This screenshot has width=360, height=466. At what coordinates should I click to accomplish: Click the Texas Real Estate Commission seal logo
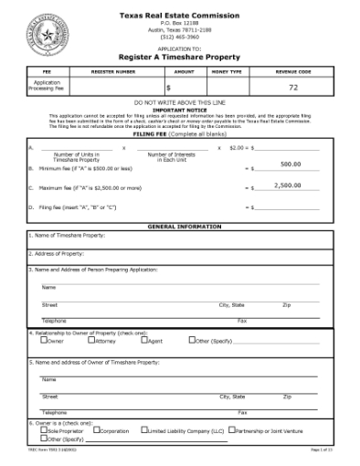click(x=45, y=35)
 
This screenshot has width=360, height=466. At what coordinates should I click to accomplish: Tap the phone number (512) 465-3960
click(x=180, y=37)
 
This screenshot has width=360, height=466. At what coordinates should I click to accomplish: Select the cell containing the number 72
click(x=293, y=87)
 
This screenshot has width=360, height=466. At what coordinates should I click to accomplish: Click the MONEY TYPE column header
click(x=227, y=70)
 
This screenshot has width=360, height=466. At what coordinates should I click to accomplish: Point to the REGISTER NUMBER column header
click(x=113, y=70)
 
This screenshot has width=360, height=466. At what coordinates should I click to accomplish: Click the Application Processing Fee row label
click(x=48, y=87)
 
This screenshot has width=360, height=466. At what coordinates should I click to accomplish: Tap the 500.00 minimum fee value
click(x=290, y=164)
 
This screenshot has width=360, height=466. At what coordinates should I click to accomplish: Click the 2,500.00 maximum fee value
click(x=288, y=185)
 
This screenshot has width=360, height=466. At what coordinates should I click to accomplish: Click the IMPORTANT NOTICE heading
click(x=180, y=110)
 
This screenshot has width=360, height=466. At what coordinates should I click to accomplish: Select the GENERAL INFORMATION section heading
click(x=180, y=226)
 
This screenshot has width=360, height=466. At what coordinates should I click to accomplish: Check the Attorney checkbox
click(x=91, y=340)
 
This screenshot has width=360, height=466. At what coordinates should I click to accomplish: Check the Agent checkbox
click(x=143, y=340)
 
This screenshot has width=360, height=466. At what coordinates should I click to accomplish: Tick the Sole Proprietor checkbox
click(x=32, y=429)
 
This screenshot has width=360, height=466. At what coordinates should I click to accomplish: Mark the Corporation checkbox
click(x=95, y=429)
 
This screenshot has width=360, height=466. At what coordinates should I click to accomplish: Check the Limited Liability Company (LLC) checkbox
click(x=143, y=429)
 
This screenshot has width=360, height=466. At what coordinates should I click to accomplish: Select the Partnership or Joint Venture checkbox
click(x=231, y=429)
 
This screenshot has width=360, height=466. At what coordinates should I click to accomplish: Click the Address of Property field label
click(x=59, y=253)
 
